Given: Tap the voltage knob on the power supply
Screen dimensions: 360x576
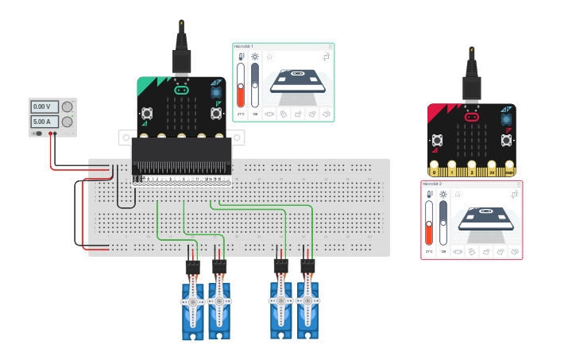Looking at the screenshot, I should click(68, 106).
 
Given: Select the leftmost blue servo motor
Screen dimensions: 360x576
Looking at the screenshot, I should click(193, 306).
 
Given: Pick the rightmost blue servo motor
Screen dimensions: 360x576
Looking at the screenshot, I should click(307, 304).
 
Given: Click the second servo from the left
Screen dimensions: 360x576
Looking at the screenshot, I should click(218, 304).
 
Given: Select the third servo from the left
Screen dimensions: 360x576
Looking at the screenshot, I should click(280, 304).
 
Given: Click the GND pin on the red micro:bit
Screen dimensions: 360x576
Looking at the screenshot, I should click(509, 171).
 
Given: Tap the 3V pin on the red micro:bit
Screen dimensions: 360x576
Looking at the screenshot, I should click(492, 171).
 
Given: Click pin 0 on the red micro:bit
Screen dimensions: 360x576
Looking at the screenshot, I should click(435, 171).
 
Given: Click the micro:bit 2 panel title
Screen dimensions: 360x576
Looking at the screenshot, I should click(433, 184).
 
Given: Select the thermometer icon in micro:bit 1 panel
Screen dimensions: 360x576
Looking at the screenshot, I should click(241, 57).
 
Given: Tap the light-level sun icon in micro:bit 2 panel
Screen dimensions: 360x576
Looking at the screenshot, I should click(443, 194).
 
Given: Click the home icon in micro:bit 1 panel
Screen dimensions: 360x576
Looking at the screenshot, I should click(269, 56).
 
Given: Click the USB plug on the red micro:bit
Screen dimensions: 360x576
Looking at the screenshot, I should click(473, 83).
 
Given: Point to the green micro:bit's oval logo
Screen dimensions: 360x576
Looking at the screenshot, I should click(182, 91).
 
